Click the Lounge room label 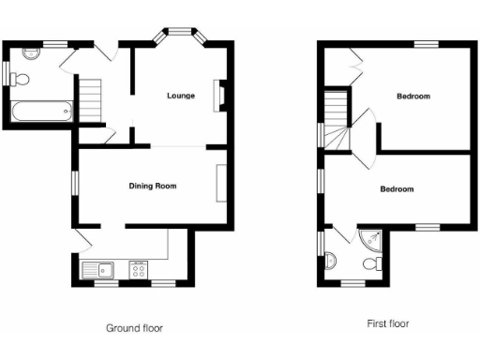click(x=181, y=97)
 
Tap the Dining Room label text click(x=153, y=186)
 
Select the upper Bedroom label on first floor click(x=412, y=97)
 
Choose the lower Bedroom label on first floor click(x=397, y=189)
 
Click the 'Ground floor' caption click(x=134, y=328)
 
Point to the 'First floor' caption click(x=387, y=323)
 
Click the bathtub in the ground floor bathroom click(x=40, y=113)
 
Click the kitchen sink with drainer click(x=97, y=271)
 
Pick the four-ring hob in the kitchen click(x=138, y=271)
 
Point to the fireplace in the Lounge click(x=219, y=97)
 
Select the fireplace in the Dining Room click(x=220, y=182)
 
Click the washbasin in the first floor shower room click(x=331, y=262)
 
